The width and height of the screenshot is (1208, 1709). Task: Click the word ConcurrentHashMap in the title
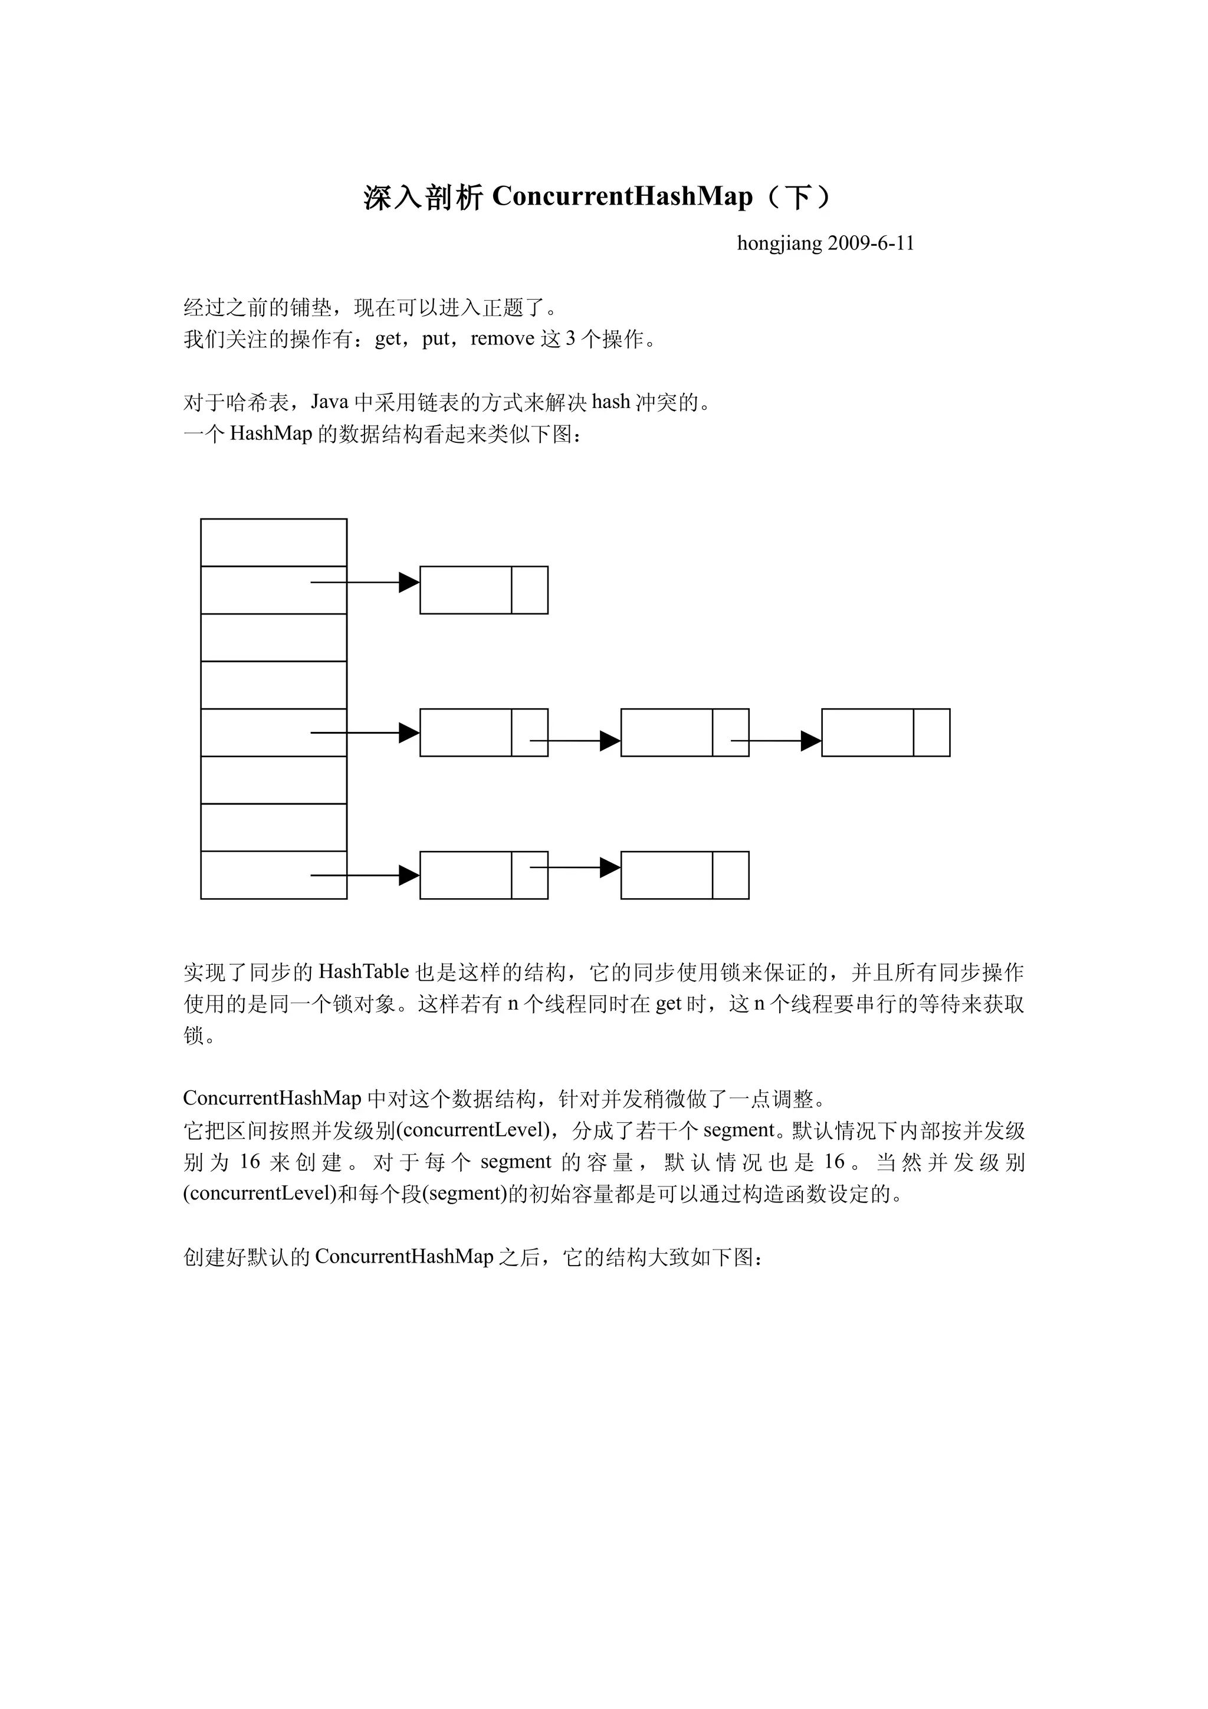pos(622,196)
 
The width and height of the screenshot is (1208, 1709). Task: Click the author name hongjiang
pos(779,244)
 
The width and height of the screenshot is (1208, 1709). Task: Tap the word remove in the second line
pos(503,338)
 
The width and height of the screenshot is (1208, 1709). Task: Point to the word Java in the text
pos(330,402)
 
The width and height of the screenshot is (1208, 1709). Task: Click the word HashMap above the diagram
pos(271,433)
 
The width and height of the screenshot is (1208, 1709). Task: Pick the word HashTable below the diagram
pos(364,971)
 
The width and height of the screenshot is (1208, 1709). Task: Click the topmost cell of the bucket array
pos(273,542)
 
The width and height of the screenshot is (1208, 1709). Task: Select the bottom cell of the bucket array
pos(273,875)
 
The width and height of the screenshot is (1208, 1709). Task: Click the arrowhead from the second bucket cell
pos(409,582)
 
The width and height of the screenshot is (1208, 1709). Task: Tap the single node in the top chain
pos(465,590)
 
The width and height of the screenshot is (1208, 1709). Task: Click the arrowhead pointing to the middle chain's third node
pos(810,741)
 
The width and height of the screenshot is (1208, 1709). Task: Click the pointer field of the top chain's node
pos(529,590)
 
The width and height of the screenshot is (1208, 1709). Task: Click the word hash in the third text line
pos(611,402)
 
